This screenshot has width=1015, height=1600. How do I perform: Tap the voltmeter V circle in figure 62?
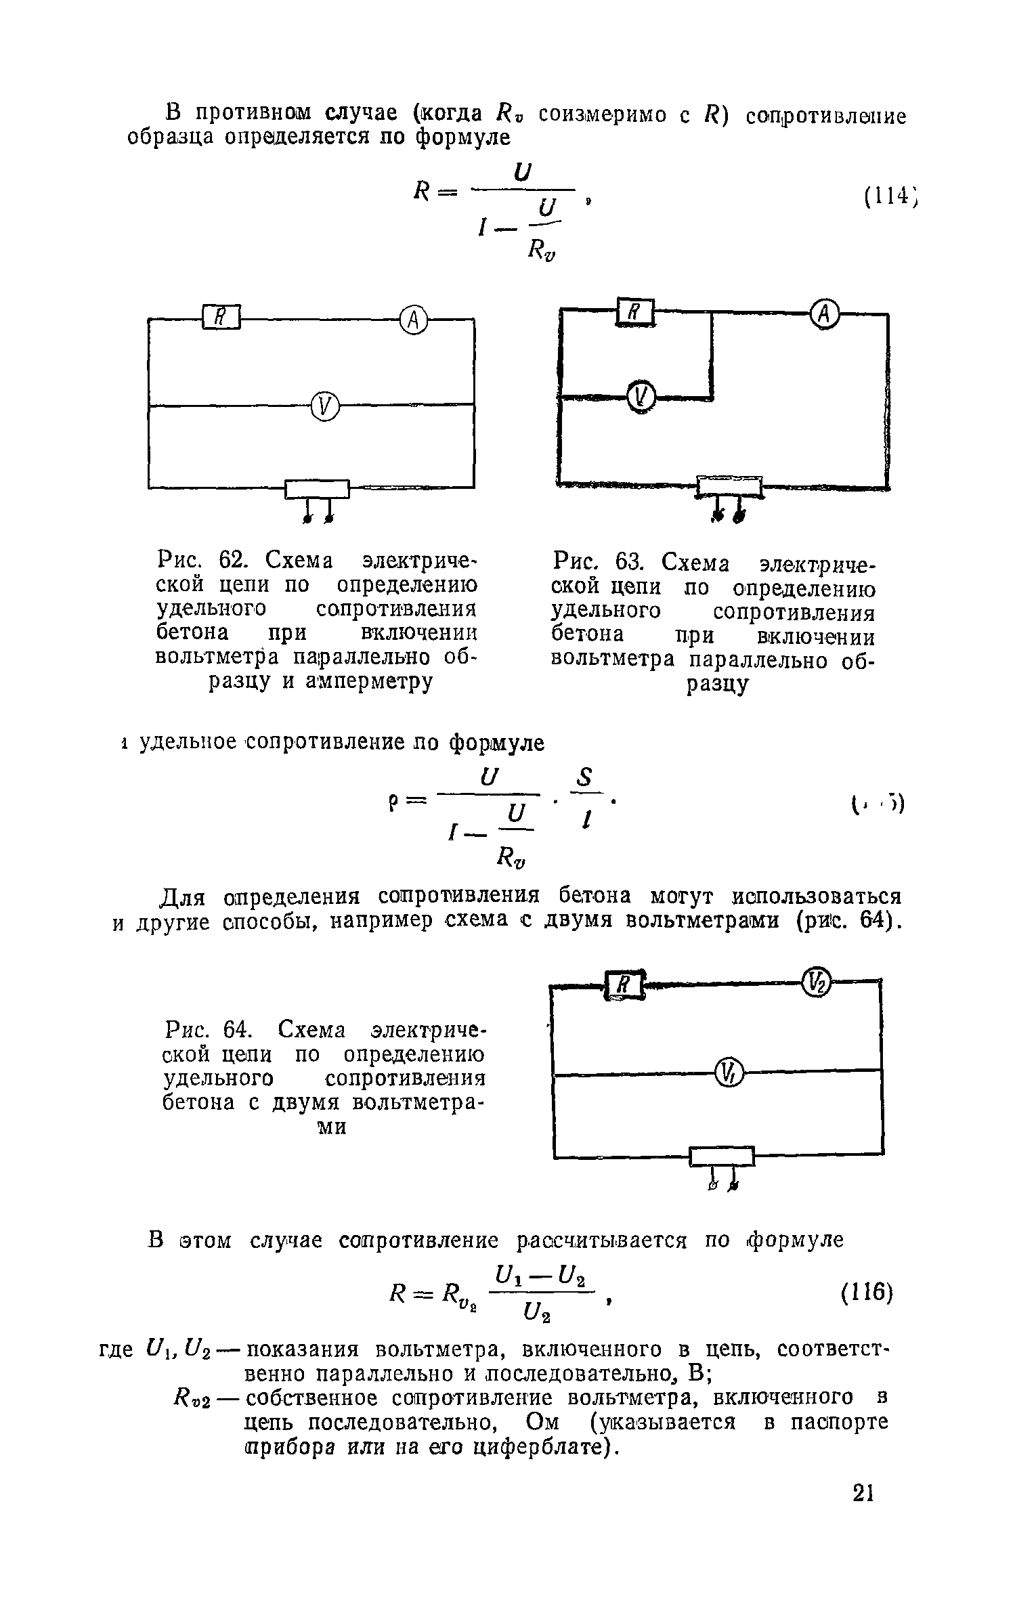pyautogui.click(x=325, y=406)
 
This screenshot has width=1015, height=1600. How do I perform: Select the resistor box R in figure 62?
pyautogui.click(x=221, y=317)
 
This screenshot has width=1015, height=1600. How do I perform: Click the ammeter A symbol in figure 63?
pyautogui.click(x=824, y=313)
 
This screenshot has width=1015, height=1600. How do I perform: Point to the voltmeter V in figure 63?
pyautogui.click(x=641, y=395)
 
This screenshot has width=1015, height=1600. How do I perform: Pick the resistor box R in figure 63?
pyautogui.click(x=635, y=312)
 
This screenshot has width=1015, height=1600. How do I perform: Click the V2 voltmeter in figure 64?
pyautogui.click(x=816, y=981)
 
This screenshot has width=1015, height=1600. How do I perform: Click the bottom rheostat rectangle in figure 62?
pyautogui.click(x=317, y=488)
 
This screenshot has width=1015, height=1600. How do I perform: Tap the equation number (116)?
pyautogui.click(x=867, y=1293)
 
